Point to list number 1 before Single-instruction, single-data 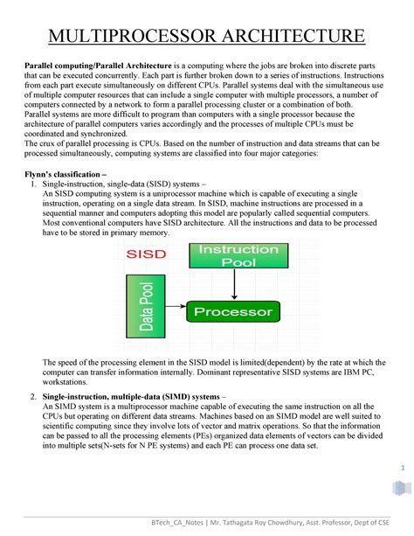[x=33, y=184]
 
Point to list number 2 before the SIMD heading [x=33, y=395]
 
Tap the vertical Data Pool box [x=147, y=309]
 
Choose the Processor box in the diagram [x=233, y=311]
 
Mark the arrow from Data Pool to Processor [x=176, y=311]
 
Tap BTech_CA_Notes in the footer [x=189, y=523]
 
